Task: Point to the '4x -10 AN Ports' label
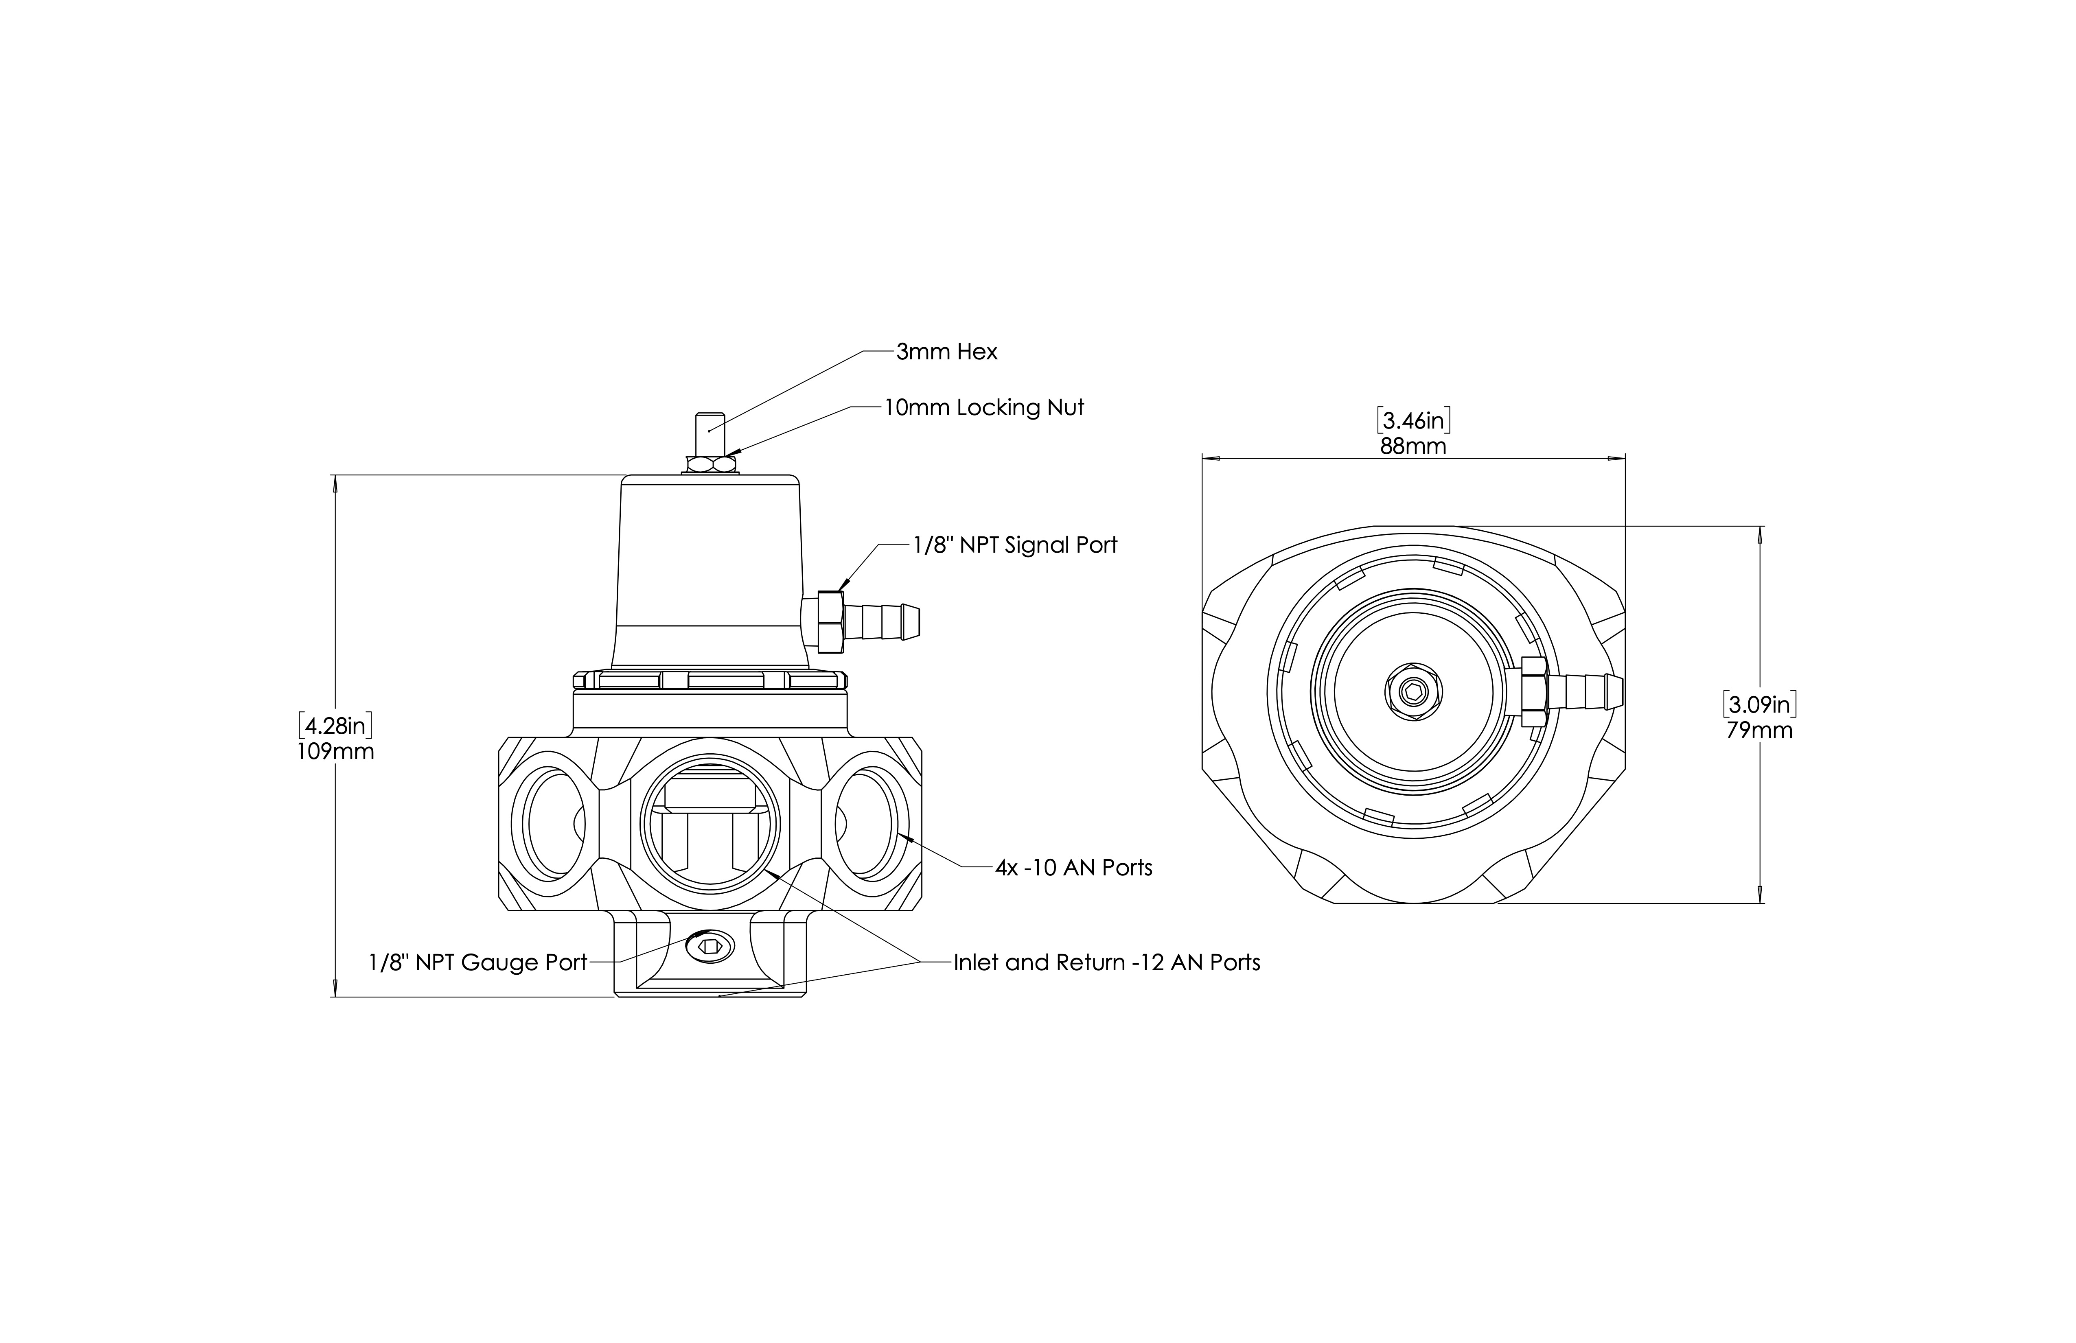(1074, 868)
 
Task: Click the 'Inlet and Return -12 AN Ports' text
(1106, 963)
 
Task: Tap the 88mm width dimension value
(1413, 446)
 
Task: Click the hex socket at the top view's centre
(1413, 693)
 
